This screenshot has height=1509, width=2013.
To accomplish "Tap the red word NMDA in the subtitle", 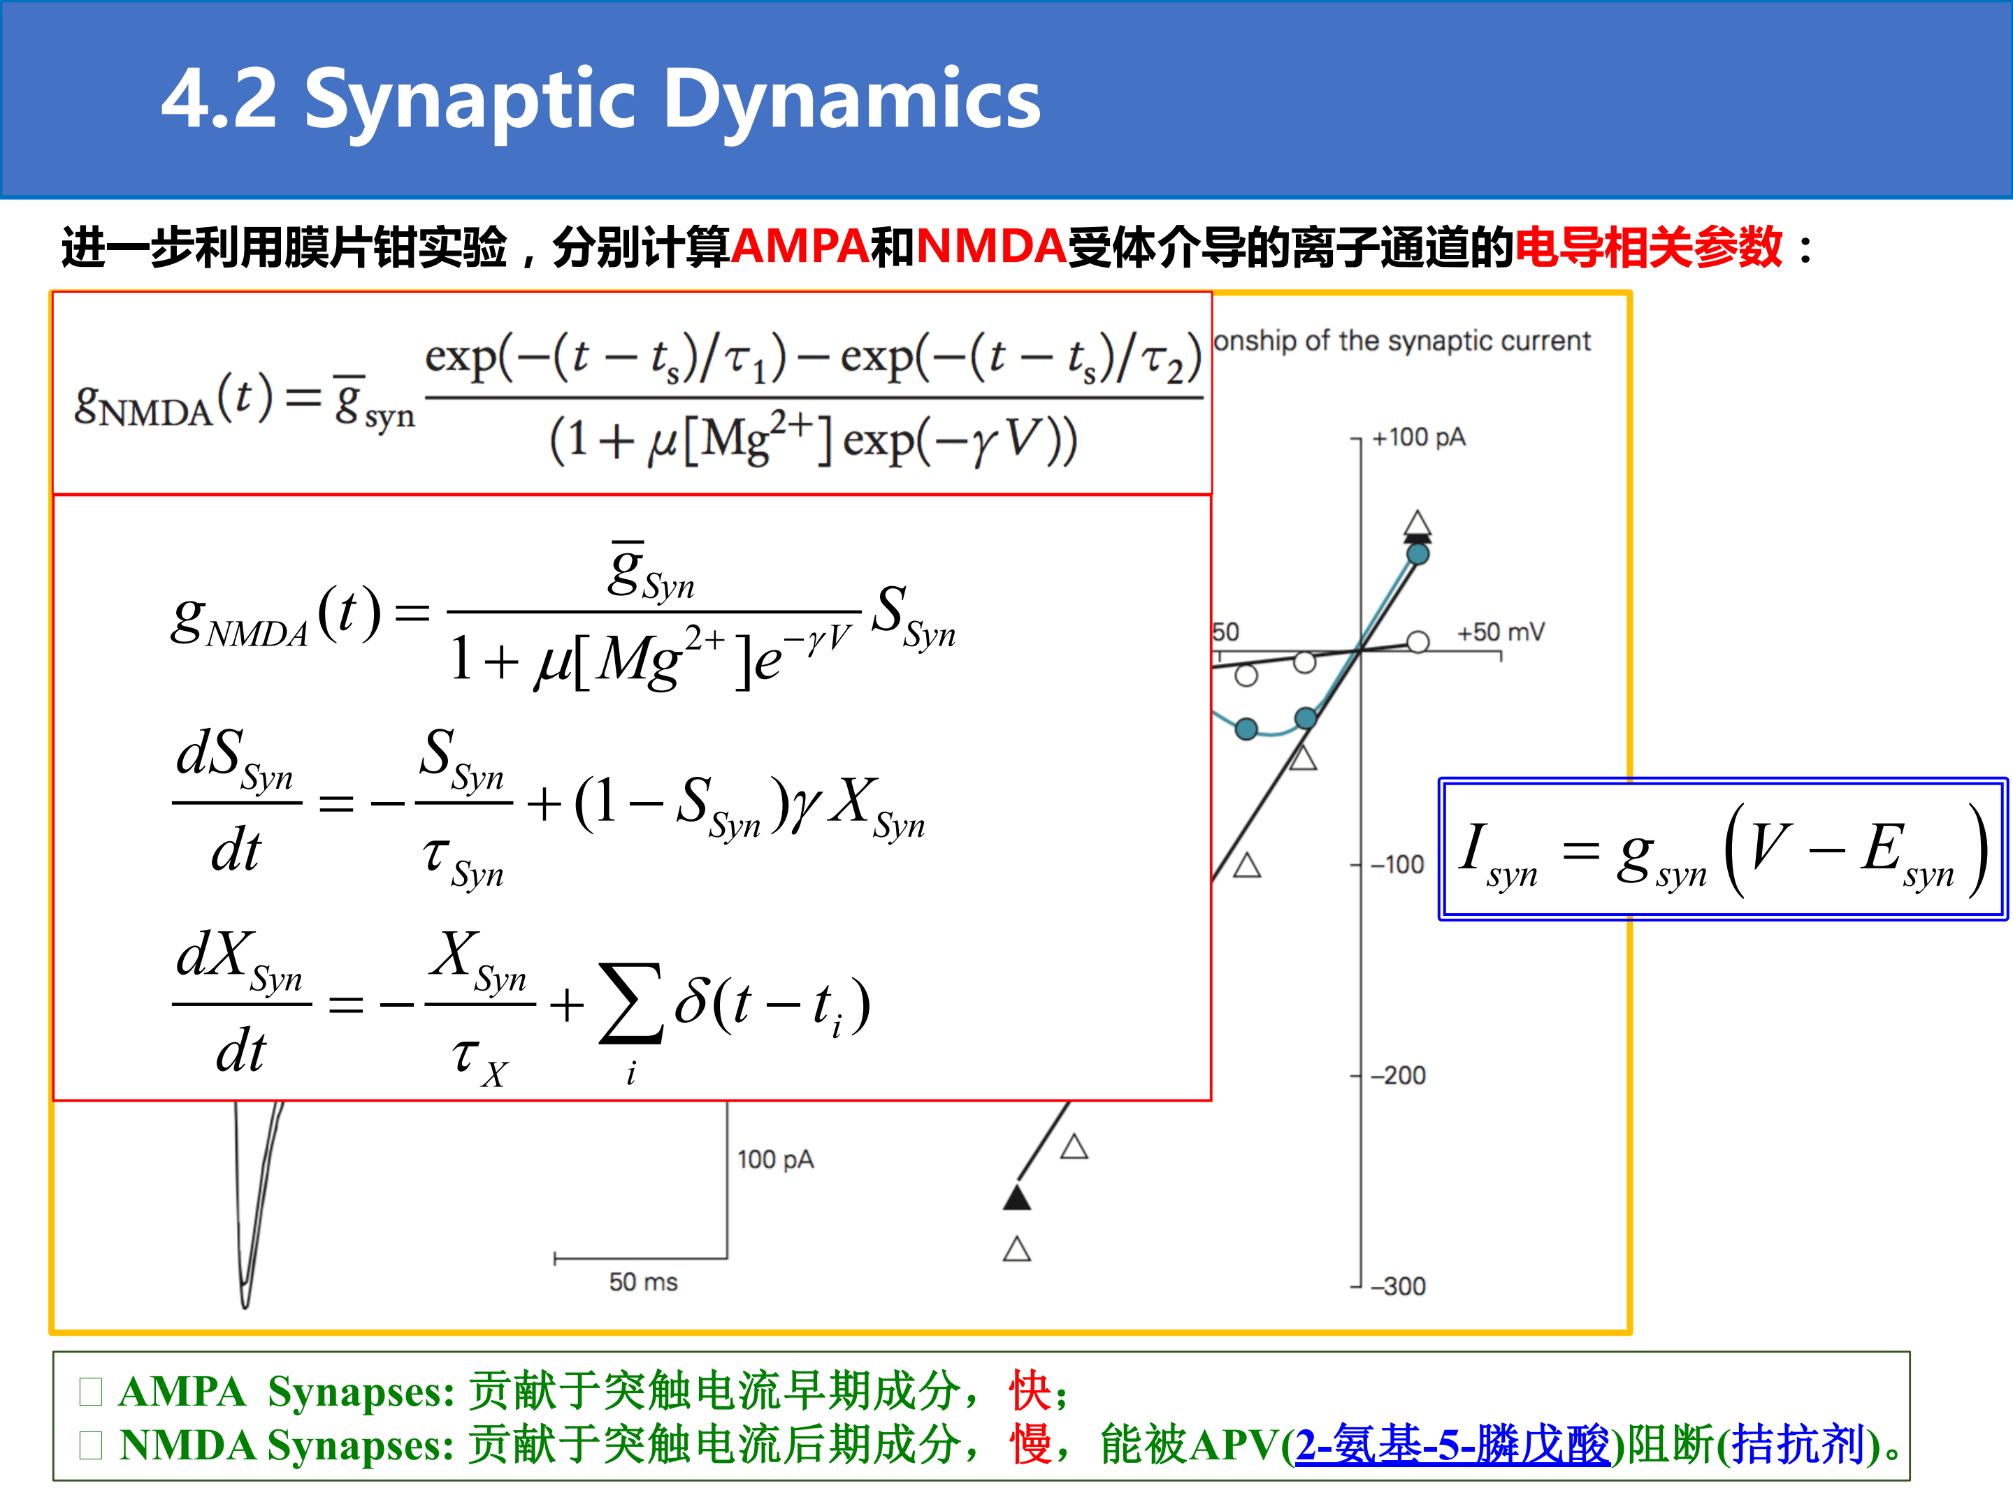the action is coord(991,247).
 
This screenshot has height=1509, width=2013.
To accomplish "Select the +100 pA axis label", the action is coord(1419,437).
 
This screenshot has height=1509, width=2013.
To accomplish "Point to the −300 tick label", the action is coord(1399,1286).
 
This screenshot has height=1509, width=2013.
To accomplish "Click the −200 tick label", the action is coord(1399,1075).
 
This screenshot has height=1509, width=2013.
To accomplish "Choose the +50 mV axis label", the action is coord(1501,632).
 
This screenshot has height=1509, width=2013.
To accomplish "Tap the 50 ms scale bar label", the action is coord(644,1282).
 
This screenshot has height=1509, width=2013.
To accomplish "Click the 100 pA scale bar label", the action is coord(775,1160).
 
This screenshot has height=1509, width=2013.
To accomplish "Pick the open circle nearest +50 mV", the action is coord(1417,642).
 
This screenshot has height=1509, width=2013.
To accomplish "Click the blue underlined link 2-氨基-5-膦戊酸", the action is coord(1452,1443).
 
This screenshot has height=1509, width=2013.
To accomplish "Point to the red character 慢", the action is coord(1030,1443).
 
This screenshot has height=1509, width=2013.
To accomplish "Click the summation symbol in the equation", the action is coord(630,1003).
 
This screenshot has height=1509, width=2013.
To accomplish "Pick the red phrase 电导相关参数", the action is coord(1648,247).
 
